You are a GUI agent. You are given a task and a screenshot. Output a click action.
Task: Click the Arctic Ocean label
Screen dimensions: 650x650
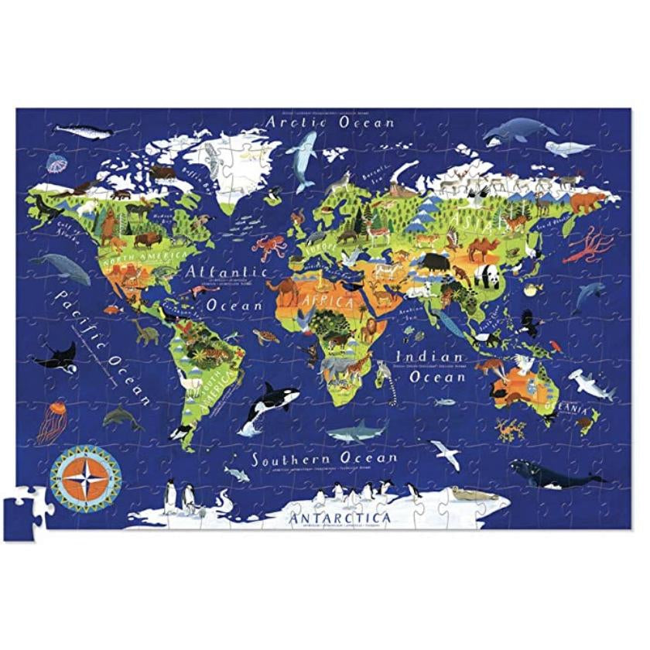tap(330, 122)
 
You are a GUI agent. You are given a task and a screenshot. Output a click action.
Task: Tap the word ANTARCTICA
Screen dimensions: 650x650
tap(340, 516)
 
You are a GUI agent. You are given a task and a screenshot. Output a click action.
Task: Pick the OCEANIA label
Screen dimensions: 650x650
tap(567, 405)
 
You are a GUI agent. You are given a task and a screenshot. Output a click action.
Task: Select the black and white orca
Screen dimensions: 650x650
tap(264, 404)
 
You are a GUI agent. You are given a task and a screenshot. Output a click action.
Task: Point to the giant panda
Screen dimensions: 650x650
tap(487, 275)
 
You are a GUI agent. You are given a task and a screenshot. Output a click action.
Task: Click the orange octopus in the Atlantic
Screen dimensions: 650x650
tap(269, 247)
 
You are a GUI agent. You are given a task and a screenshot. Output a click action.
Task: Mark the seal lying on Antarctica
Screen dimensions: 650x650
tap(468, 494)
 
